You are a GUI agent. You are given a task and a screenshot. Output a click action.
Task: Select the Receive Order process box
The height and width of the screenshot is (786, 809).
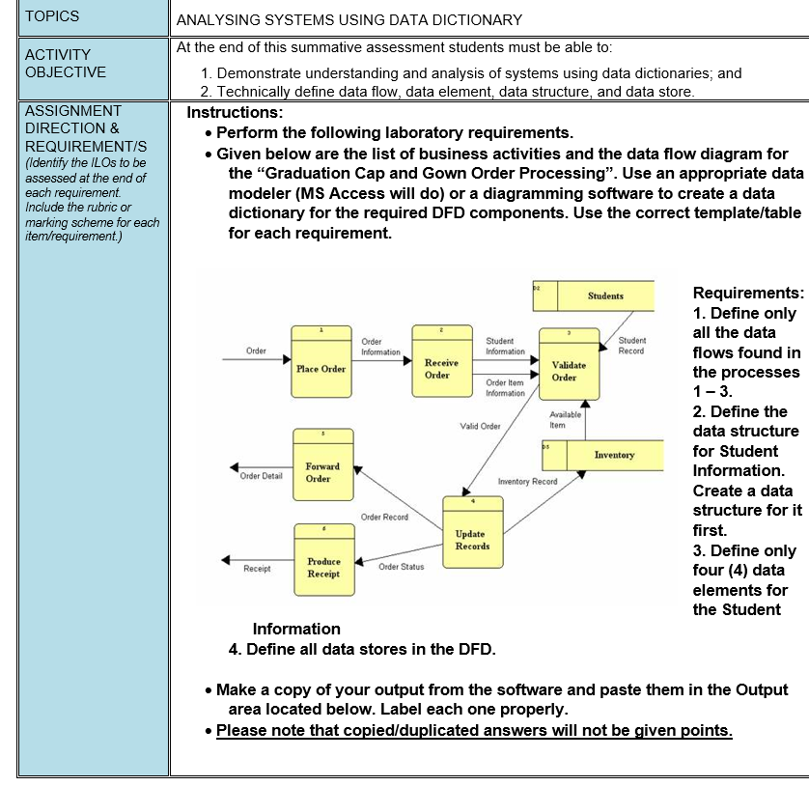tap(441, 364)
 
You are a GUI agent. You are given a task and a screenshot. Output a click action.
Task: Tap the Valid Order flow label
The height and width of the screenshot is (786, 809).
tap(480, 426)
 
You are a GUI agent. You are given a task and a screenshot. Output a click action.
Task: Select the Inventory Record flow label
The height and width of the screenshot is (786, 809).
tap(527, 481)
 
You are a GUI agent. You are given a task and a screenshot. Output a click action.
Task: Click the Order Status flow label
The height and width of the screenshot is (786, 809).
tap(401, 567)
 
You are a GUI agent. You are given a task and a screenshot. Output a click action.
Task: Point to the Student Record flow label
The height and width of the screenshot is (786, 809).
tap(632, 346)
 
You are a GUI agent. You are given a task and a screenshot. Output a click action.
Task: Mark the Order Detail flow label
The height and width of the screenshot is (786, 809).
tap(261, 476)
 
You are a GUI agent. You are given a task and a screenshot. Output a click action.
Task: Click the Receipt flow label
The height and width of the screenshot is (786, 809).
tap(257, 569)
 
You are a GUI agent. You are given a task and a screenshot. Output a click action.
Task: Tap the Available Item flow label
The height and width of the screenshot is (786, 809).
tap(565, 419)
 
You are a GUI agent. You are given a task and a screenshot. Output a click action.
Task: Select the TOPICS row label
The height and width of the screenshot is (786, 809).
tap(53, 16)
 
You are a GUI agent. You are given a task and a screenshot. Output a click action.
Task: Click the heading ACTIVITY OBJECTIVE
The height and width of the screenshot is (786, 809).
tap(66, 64)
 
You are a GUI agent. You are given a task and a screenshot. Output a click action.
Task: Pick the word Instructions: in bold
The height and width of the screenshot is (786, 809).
tap(235, 112)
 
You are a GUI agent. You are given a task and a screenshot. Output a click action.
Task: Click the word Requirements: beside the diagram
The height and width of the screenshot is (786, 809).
tap(747, 293)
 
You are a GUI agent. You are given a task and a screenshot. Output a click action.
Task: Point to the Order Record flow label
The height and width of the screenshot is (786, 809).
tap(384, 518)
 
